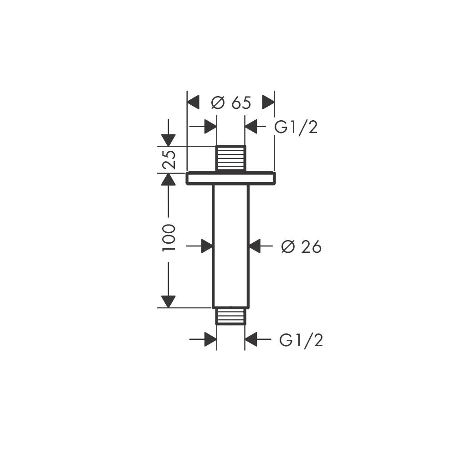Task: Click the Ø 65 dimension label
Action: tap(231, 102)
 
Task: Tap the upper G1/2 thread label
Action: tap(296, 127)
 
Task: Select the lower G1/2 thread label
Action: tap(301, 340)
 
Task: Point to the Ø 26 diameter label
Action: tap(301, 247)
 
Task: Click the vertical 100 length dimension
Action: tap(169, 237)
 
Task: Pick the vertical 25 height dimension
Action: tap(169, 159)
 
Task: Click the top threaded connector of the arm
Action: tap(230, 158)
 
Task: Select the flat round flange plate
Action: tap(230, 178)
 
